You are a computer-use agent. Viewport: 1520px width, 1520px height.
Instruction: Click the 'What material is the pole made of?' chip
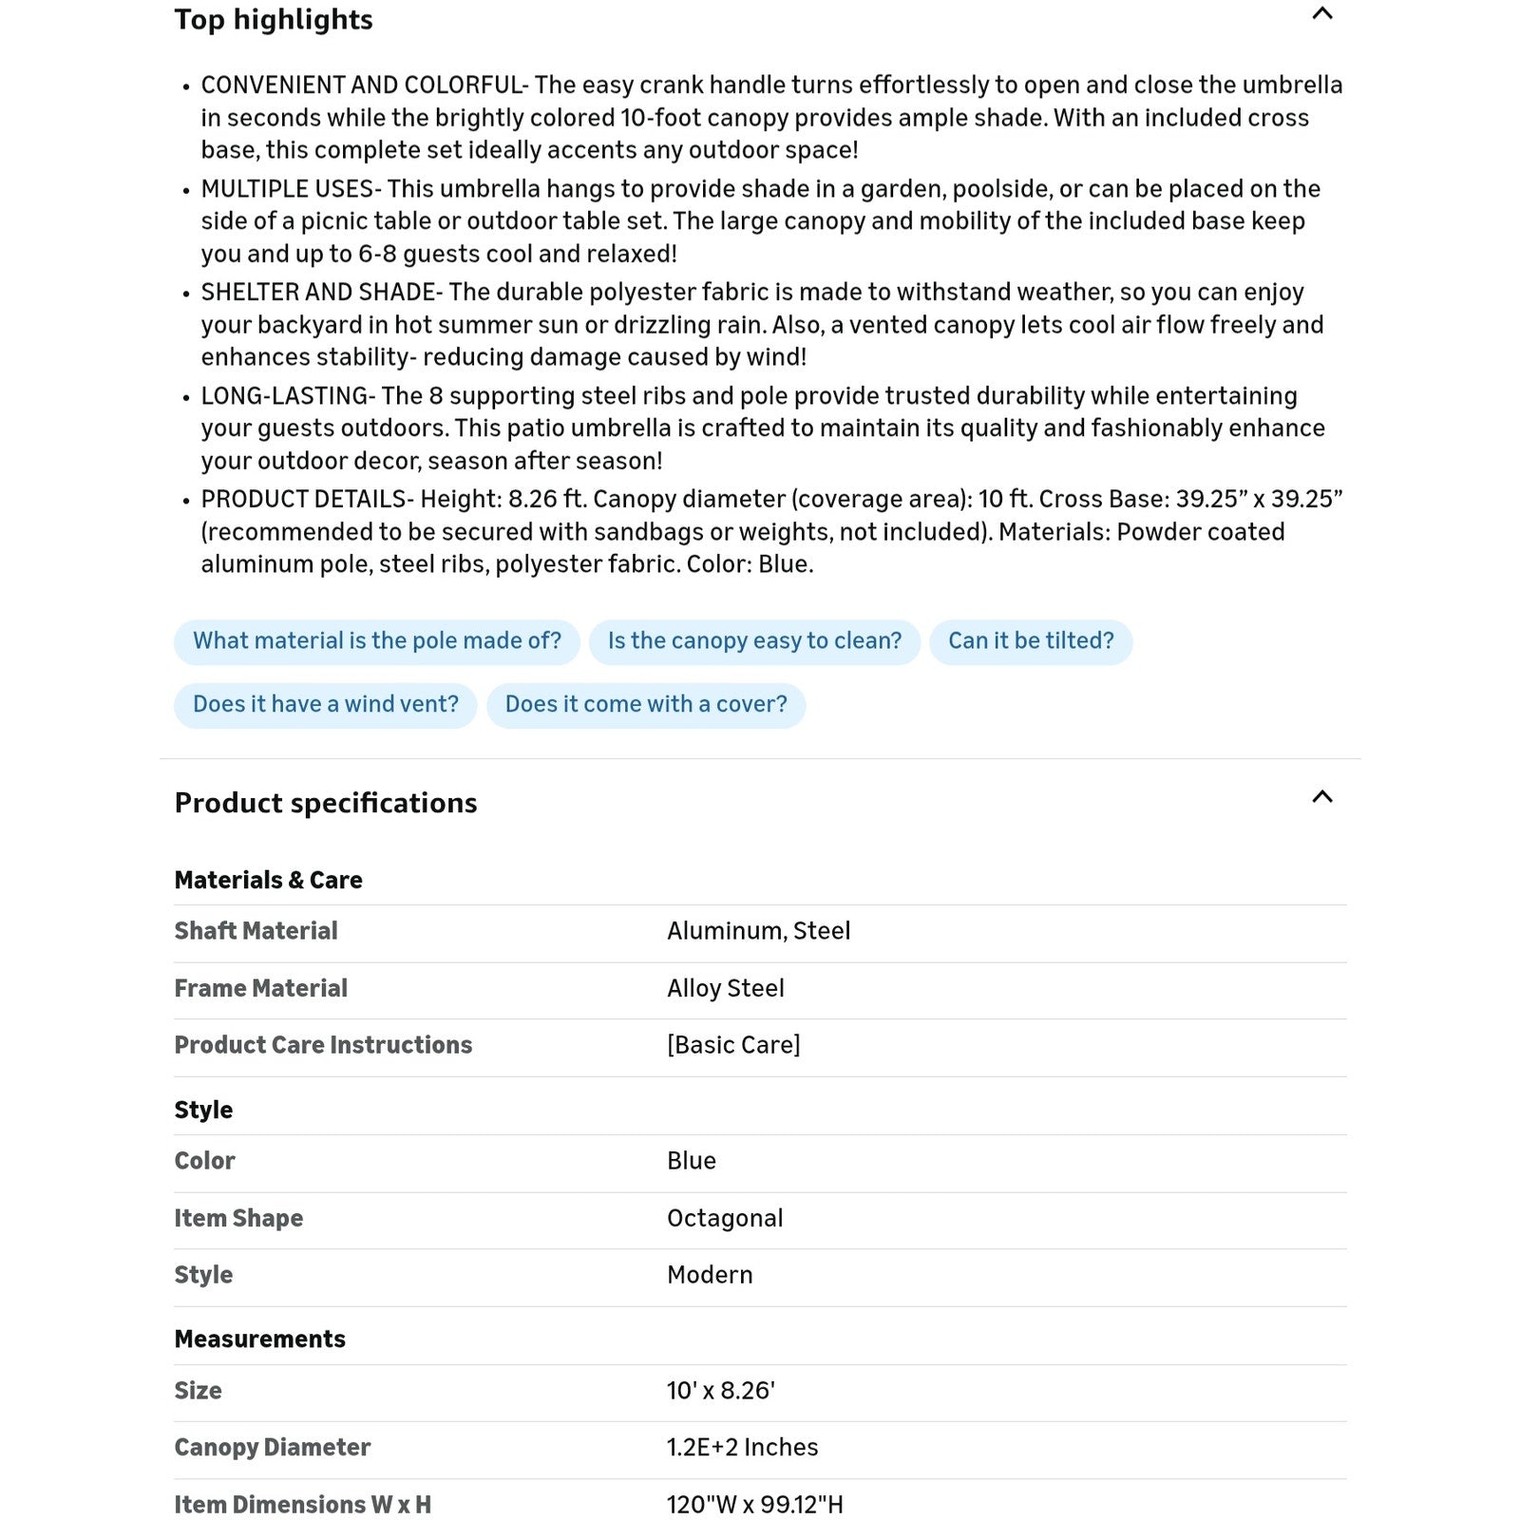[376, 641]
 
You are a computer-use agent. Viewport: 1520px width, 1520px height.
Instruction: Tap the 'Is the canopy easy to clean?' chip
[754, 641]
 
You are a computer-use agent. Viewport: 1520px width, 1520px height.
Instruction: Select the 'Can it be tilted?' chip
[1031, 641]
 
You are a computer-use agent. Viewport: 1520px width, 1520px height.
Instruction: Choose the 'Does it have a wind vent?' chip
[325, 705]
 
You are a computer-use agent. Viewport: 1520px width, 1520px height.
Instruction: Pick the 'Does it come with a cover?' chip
[646, 705]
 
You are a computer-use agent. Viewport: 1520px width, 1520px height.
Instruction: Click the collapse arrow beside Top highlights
[1321, 14]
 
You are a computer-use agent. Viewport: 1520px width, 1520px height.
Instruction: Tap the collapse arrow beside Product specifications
[1321, 797]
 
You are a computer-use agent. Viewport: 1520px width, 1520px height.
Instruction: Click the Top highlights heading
[274, 20]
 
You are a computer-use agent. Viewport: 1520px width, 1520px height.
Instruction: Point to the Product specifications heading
[326, 804]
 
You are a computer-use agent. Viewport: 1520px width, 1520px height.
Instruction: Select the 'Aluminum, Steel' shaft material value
[758, 931]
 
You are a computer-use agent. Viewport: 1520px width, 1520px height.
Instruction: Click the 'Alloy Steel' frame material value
[725, 989]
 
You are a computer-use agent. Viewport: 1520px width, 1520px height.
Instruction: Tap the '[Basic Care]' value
[733, 1045]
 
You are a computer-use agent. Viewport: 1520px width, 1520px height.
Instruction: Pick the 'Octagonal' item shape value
[725, 1219]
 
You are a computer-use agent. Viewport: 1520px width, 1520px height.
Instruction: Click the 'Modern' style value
[710, 1275]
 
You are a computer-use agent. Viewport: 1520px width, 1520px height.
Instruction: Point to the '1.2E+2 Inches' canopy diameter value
[742, 1448]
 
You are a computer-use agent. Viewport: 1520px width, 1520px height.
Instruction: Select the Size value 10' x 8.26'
[721, 1391]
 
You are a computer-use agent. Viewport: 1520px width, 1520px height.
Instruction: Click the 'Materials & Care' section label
[268, 881]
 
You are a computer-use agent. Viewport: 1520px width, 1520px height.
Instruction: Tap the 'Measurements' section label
[259, 1339]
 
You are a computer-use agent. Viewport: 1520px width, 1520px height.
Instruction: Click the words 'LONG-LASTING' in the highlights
[284, 396]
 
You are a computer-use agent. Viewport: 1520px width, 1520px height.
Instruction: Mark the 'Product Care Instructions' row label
[323, 1045]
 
